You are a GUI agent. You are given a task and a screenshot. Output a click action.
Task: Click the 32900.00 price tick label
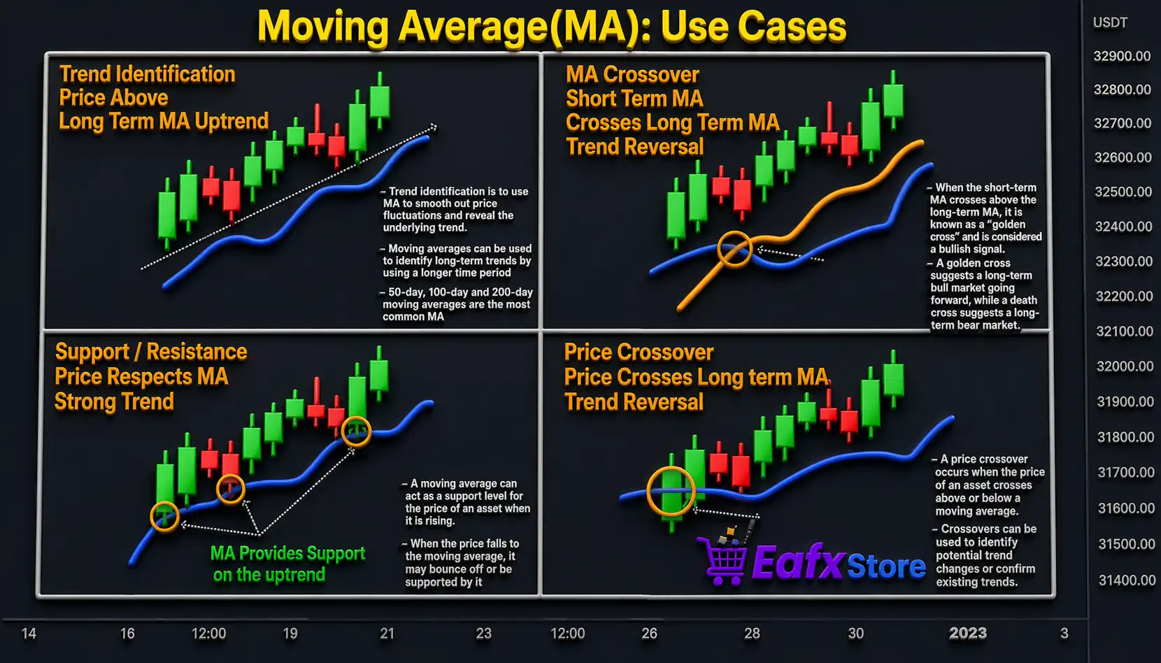(x=1122, y=56)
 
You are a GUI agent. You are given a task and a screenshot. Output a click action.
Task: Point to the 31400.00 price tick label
(x=1126, y=580)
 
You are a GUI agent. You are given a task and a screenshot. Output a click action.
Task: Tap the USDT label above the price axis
(x=1110, y=22)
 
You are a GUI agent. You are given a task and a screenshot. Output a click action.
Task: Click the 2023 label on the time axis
(x=967, y=633)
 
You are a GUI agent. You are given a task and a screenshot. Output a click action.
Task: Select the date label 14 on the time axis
(x=29, y=633)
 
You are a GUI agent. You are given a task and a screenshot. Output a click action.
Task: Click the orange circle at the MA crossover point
(x=734, y=249)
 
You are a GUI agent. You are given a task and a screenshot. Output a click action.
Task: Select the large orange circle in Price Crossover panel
(x=671, y=491)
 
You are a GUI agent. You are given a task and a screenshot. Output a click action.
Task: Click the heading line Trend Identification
(x=147, y=74)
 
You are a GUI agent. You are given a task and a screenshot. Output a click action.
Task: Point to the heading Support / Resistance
(x=151, y=351)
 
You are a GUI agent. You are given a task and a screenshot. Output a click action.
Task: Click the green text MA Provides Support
(x=287, y=553)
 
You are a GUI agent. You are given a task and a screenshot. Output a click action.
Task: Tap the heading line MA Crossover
(x=632, y=75)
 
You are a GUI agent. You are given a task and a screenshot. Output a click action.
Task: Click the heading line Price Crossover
(x=639, y=352)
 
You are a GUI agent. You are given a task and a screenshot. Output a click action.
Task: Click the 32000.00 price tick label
(x=1125, y=366)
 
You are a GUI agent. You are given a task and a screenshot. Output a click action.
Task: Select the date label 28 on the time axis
(x=752, y=633)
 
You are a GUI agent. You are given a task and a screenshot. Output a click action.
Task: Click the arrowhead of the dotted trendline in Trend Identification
(x=433, y=127)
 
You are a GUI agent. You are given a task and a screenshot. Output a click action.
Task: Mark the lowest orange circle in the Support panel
(x=165, y=517)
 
